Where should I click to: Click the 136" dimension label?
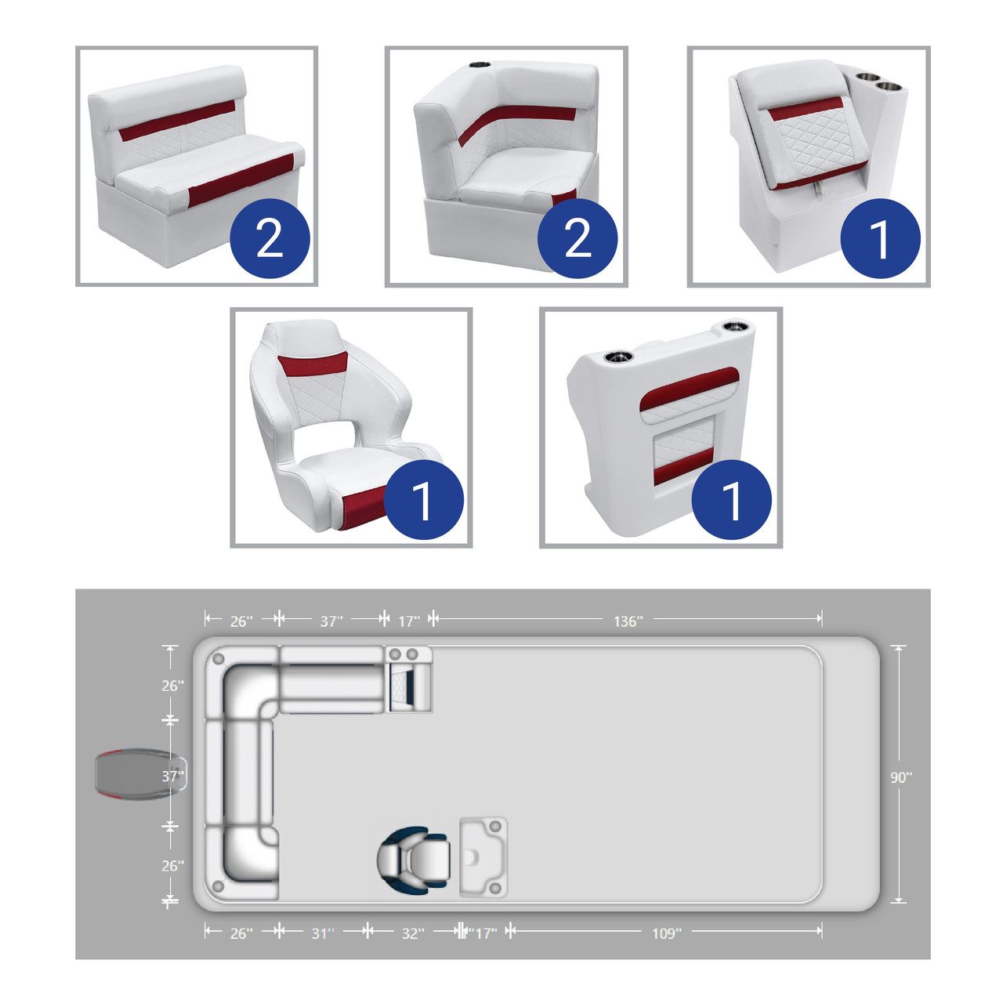tap(628, 621)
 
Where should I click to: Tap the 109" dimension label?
tap(666, 933)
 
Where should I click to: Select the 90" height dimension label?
tap(901, 777)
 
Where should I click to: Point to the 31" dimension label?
tap(323, 933)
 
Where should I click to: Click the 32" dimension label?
tap(413, 933)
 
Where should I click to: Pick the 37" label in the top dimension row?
tap(331, 621)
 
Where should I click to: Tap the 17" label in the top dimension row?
tap(408, 621)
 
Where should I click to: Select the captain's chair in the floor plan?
tap(413, 860)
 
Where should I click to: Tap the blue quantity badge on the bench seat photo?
tap(270, 238)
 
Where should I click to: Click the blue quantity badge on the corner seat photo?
tap(578, 238)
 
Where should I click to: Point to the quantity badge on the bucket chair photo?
tap(424, 500)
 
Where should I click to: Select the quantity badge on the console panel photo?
tap(731, 500)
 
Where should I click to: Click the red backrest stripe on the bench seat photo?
tap(177, 121)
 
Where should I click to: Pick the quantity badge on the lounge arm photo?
tap(880, 238)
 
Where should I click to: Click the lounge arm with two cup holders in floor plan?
tap(408, 679)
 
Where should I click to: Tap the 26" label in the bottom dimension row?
tap(241, 933)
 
